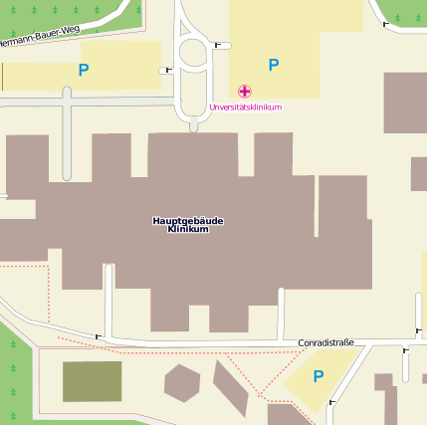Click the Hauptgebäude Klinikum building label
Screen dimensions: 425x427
[x=187, y=225]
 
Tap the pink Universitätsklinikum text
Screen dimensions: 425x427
[x=246, y=107]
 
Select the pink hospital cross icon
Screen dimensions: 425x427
[x=245, y=92]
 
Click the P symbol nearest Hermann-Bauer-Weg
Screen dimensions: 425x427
[x=84, y=70]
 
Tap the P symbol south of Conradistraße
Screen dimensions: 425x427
[x=319, y=376]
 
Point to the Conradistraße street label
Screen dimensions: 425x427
[x=325, y=343]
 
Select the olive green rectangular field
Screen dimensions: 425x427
[x=92, y=382]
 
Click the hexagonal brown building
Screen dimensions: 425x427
[x=182, y=382]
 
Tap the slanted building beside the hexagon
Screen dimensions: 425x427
[x=229, y=387]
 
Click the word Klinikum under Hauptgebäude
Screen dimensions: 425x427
[x=188, y=230]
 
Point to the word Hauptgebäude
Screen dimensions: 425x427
[x=187, y=220]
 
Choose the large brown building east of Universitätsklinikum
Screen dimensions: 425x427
[x=405, y=102]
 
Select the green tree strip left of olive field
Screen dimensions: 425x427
[x=15, y=378]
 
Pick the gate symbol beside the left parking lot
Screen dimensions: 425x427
[x=165, y=70]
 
